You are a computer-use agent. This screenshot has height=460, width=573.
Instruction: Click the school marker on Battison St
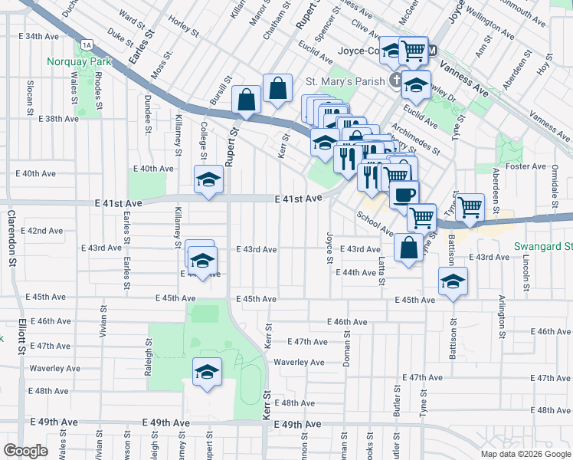click(453, 281)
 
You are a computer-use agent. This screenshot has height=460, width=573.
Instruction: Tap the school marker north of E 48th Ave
click(207, 373)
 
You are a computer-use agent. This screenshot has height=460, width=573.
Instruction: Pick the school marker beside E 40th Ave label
click(208, 180)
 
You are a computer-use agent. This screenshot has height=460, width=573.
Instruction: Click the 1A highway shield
click(89, 45)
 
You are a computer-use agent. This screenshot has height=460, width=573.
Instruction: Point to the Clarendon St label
click(12, 237)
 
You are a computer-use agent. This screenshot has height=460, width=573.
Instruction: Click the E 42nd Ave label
click(41, 230)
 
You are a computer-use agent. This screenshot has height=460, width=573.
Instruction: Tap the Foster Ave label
click(526, 166)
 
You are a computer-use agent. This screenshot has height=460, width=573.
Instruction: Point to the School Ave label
click(375, 223)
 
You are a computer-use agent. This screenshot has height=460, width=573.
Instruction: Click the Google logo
click(25, 451)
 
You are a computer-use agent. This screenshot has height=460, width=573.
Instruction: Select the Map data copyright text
click(526, 454)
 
